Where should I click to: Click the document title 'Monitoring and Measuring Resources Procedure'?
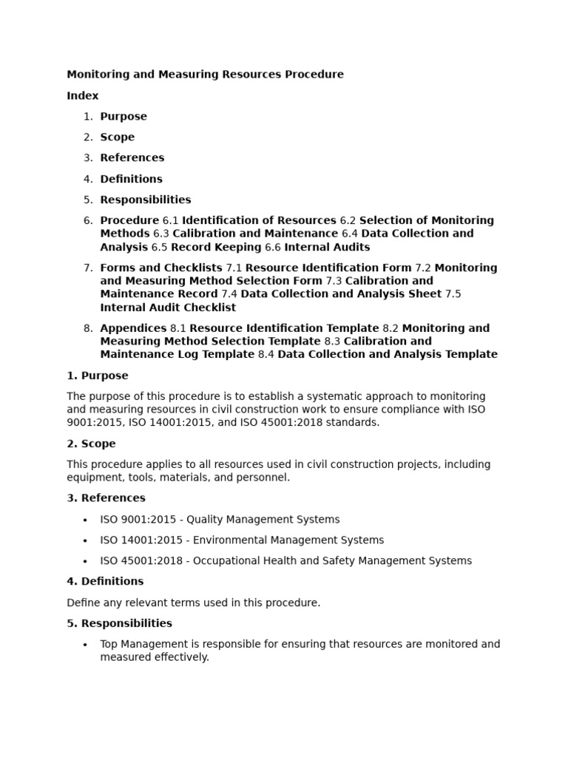coord(205,75)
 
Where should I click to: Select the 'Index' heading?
coord(82,95)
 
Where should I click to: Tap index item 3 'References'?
coord(132,157)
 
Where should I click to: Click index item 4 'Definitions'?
coord(131,179)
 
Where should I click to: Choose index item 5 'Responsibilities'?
coord(146,200)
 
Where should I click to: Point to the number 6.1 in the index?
coord(171,220)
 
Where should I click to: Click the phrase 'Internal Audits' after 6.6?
coord(327,247)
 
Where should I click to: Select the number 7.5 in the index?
coord(453,294)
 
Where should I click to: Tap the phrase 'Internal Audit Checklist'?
coord(168,308)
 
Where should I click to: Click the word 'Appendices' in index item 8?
coord(133,328)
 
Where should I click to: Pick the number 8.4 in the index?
coord(266,355)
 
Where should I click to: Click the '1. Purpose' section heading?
coord(98,376)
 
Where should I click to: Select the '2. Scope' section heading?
coord(91,444)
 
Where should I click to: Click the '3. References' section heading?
coord(106,498)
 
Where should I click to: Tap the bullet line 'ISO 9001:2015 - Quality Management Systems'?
coord(220,520)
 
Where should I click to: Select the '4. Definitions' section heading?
coord(105,582)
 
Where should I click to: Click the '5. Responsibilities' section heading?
coord(119,623)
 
